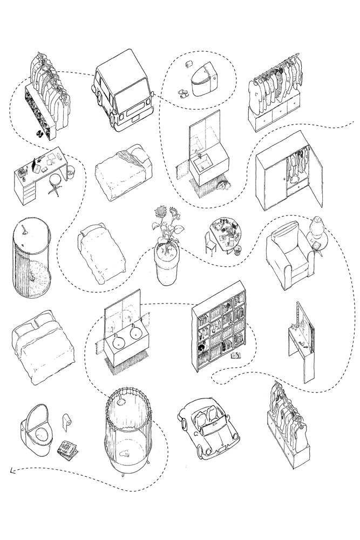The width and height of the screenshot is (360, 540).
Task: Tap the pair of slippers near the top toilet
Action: (x=184, y=93)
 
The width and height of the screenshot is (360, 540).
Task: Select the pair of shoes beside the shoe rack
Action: (x=39, y=132)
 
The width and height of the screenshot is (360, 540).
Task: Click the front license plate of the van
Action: (x=135, y=116)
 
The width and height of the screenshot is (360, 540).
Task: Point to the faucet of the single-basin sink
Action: (x=199, y=156)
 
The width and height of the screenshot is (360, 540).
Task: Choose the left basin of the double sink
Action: (x=120, y=343)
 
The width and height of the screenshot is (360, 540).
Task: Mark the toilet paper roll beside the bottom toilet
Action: (x=66, y=421)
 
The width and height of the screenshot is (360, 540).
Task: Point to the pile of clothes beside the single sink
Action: (x=223, y=186)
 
